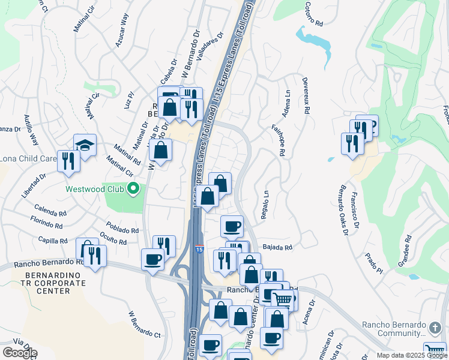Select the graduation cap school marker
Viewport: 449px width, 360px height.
(85, 145)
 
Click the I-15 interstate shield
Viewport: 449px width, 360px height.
(198, 247)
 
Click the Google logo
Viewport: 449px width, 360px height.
(19, 353)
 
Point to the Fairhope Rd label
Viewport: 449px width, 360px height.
(279, 140)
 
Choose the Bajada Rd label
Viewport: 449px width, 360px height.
(277, 247)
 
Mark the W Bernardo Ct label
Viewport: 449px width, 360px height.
(144, 325)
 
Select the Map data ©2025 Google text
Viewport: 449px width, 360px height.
(412, 355)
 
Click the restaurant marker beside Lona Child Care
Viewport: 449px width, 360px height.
(68, 160)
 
